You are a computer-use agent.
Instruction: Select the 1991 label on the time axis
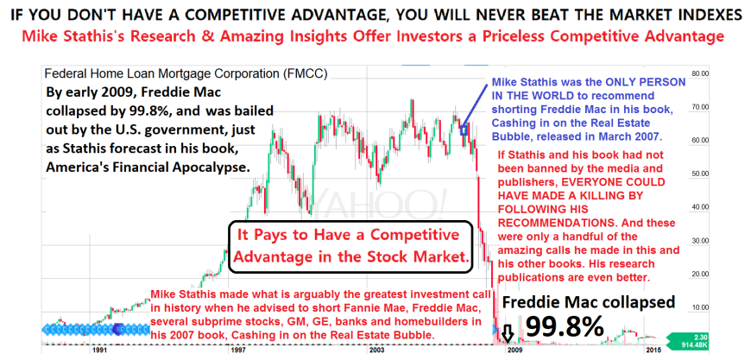(99, 351)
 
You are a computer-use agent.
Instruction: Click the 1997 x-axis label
(235, 351)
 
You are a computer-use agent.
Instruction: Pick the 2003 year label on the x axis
(376, 351)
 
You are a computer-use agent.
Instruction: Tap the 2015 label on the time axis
(653, 351)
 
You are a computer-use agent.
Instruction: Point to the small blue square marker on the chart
(464, 130)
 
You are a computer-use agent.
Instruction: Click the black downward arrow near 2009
(508, 334)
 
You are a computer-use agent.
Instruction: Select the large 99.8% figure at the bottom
(565, 327)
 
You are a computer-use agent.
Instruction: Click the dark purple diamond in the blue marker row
(117, 329)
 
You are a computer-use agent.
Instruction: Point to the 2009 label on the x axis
(514, 351)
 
